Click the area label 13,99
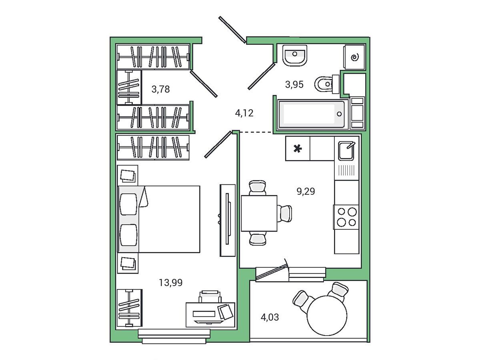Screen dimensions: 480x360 coord(170,283)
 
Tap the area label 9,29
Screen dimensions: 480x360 coord(306,191)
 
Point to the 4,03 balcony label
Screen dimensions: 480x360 coord(270,317)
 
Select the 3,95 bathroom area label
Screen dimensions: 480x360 coord(294,84)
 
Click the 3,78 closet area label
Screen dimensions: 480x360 coord(160,89)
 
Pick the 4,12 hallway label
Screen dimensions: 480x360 coord(244,113)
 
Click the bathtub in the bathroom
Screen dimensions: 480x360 coord(313,114)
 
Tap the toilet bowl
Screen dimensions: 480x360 coord(326,84)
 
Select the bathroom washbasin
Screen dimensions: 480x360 coord(294,56)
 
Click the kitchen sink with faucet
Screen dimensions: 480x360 coord(346,151)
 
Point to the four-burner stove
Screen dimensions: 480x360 coord(346,217)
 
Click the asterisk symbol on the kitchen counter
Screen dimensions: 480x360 coord(298,149)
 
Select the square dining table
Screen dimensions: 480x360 coord(259,213)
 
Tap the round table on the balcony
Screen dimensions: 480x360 coord(327,316)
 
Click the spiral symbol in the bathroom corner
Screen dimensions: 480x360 coord(354,58)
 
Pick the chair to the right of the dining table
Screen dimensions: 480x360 coord(284,213)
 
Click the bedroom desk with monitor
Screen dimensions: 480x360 coord(210,314)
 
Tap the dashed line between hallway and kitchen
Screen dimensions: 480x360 coord(256,132)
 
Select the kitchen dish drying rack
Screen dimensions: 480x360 coord(346,170)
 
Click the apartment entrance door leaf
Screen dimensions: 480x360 coord(232,30)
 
